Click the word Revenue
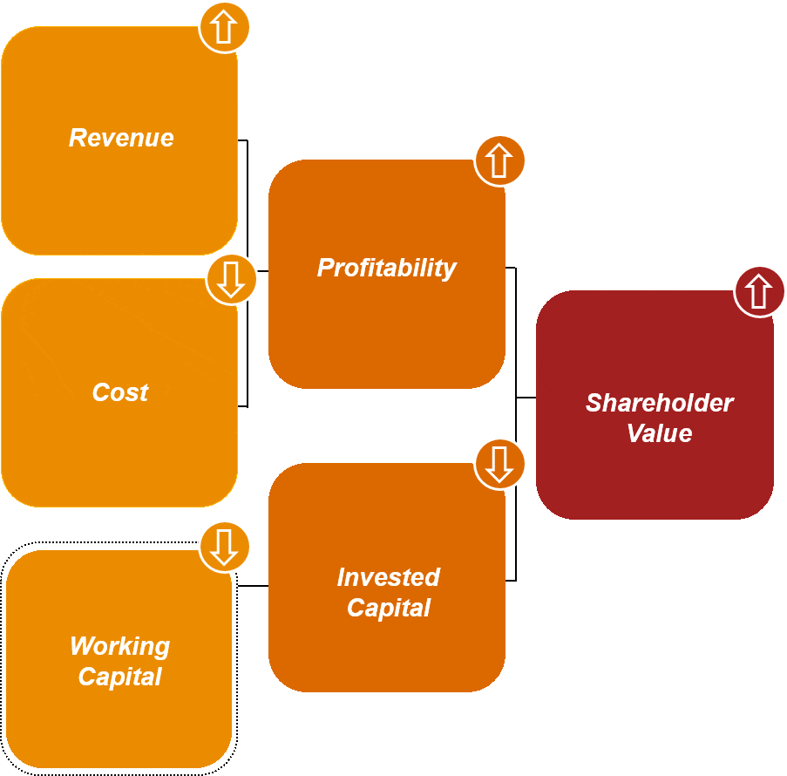[x=121, y=138]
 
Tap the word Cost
[x=120, y=392]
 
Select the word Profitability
[x=386, y=268]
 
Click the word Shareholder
[x=659, y=403]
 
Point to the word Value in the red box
[x=659, y=433]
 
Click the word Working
[x=119, y=646]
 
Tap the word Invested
[x=388, y=577]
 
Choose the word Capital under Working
[x=119, y=677]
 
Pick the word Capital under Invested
[x=388, y=608]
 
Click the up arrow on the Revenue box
[x=224, y=28]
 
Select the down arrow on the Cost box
[x=231, y=279]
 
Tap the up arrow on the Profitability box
[x=499, y=161]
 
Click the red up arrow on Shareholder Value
[x=759, y=291]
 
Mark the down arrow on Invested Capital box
[x=499, y=464]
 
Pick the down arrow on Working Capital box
[x=224, y=547]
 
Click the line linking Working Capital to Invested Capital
[x=253, y=586]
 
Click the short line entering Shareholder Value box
[x=526, y=398]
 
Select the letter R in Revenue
[x=77, y=138]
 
